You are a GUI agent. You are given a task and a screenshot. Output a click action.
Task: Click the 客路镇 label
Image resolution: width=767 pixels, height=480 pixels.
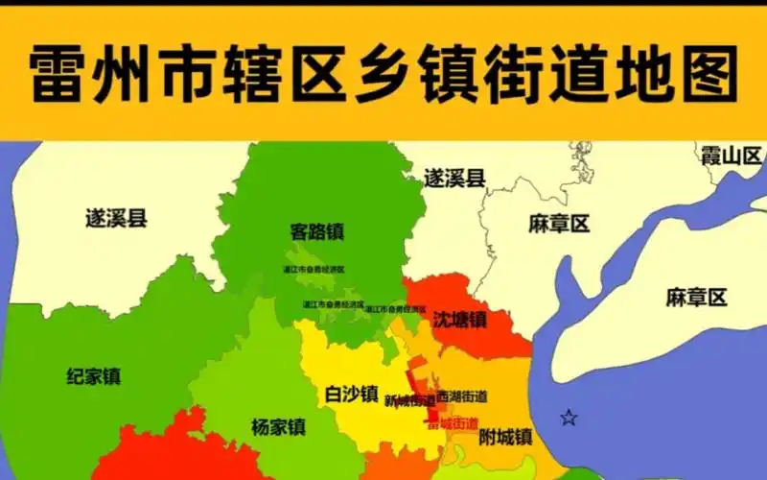(x=317, y=231)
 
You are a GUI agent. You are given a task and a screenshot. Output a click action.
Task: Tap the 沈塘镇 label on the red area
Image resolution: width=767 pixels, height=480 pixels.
(x=459, y=319)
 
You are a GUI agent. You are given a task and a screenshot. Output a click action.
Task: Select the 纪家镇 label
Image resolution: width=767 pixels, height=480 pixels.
(x=94, y=375)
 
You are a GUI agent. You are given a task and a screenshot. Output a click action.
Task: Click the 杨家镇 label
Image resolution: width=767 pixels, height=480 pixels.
(x=278, y=426)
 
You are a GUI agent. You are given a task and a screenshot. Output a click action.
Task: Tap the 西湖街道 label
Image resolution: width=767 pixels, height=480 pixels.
(x=461, y=396)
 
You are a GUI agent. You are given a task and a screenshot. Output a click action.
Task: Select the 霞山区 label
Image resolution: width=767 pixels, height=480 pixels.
(x=731, y=156)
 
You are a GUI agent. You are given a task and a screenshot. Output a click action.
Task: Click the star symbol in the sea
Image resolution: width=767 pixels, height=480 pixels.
(x=569, y=417)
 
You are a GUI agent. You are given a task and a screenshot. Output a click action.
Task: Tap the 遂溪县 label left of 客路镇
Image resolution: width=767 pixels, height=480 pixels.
(x=116, y=218)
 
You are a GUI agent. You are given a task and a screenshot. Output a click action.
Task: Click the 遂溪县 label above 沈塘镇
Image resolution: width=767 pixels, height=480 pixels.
(x=454, y=177)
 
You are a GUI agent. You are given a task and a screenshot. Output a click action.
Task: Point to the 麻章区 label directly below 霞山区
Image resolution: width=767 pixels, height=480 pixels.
(x=697, y=297)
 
